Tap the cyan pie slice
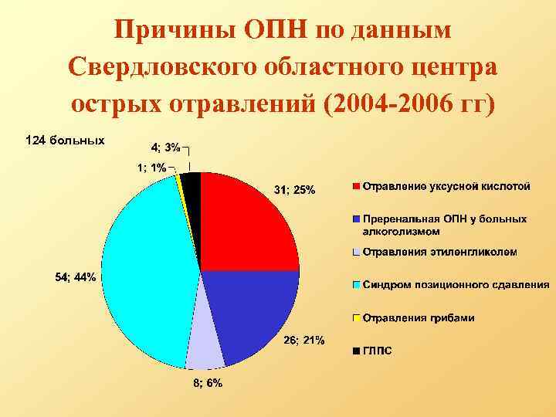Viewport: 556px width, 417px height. (147, 270)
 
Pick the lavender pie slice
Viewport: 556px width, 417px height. (205, 344)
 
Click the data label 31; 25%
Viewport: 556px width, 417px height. (294, 190)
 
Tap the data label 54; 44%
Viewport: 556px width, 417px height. (76, 278)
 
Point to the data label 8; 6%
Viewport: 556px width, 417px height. (208, 384)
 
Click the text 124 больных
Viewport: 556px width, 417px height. (65, 141)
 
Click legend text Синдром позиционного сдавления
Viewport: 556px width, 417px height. (456, 285)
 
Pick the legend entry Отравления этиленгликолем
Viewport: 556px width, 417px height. (439, 252)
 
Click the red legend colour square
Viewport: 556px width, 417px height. (356, 186)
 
